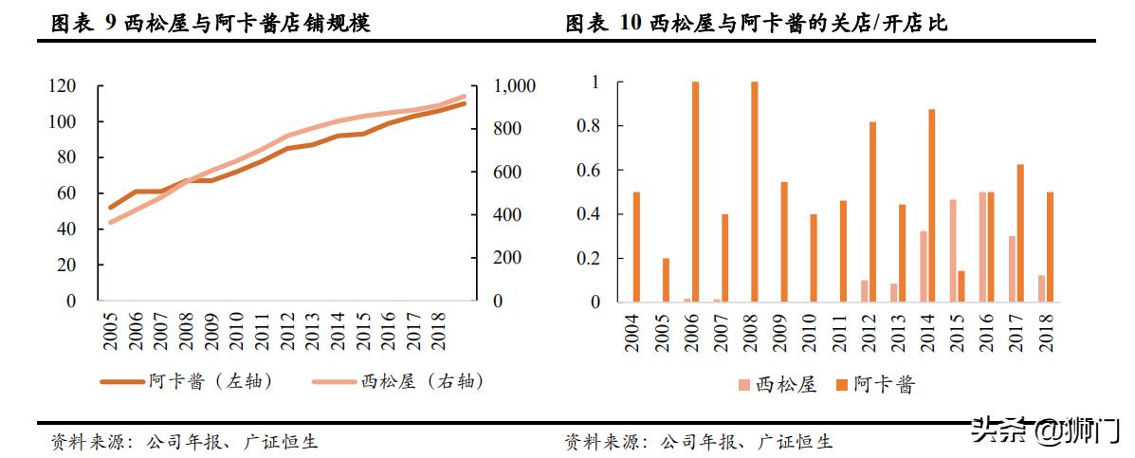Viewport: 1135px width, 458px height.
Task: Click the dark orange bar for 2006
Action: (695, 192)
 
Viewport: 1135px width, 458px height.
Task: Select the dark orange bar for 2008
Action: (754, 192)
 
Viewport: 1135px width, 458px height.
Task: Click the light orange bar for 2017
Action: (1012, 268)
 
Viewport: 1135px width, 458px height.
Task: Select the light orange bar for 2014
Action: (923, 266)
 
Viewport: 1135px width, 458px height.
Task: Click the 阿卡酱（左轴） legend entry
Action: (187, 381)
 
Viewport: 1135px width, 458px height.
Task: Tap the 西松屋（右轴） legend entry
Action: (397, 381)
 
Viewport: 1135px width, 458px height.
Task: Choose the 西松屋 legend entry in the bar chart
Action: (777, 384)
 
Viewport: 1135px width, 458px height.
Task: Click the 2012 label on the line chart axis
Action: (286, 330)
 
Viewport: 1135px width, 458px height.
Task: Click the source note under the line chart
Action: (184, 441)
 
